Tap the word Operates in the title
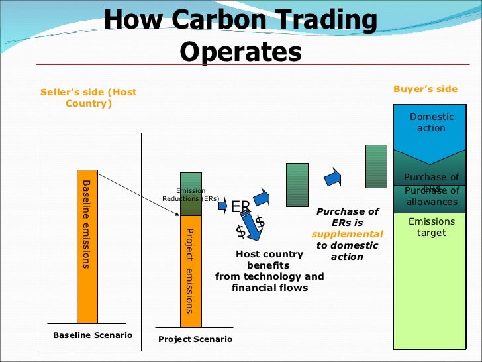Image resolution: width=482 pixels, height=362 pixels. click(x=240, y=52)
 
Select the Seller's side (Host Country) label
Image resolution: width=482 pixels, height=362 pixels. click(x=88, y=98)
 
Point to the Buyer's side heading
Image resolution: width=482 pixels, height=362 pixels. click(x=425, y=90)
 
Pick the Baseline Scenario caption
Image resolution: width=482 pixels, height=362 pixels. click(x=93, y=335)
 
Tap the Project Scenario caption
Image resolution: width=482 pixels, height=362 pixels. click(x=195, y=339)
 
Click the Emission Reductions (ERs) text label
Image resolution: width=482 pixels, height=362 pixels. click(x=191, y=194)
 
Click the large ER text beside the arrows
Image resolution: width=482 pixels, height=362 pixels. click(x=240, y=207)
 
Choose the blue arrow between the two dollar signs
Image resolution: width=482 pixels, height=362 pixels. click(x=250, y=225)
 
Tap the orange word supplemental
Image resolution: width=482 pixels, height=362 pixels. click(x=348, y=234)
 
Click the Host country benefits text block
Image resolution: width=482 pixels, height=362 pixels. click(x=269, y=271)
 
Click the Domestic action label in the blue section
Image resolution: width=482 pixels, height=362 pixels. click(x=432, y=123)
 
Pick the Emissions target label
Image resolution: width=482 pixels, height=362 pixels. click(x=432, y=227)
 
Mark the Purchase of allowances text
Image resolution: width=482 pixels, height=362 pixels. click(x=432, y=197)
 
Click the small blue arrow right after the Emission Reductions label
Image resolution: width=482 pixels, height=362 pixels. click(x=222, y=206)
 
